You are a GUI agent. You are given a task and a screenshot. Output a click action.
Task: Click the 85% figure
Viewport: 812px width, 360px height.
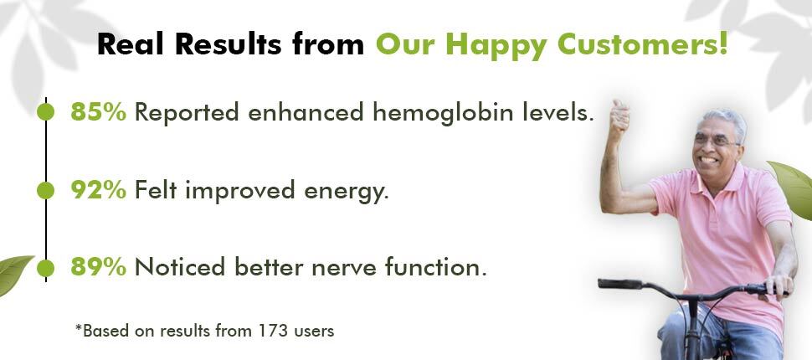click(99, 112)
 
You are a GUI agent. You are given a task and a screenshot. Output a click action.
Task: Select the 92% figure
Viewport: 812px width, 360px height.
click(99, 190)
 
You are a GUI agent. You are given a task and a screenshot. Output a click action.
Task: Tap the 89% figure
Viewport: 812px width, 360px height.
click(99, 267)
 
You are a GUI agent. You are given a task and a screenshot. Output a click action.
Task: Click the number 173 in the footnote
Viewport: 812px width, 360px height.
click(273, 331)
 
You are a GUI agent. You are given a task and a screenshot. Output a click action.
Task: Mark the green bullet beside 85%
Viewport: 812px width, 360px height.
click(45, 112)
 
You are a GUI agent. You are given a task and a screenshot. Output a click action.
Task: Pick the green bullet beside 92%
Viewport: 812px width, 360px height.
click(45, 190)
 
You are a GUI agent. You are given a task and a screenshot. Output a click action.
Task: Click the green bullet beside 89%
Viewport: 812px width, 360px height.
click(45, 268)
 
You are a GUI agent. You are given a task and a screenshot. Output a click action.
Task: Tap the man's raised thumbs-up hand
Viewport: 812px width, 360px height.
click(619, 118)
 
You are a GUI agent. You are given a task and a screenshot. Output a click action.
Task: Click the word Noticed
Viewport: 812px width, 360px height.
click(180, 267)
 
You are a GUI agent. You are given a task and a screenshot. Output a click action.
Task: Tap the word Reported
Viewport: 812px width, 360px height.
click(187, 113)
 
